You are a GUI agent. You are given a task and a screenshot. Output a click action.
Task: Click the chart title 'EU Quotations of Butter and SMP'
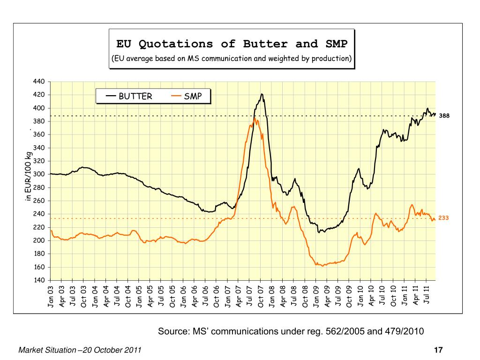[x=232, y=44]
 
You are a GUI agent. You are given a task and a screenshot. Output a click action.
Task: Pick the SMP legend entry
[x=193, y=97]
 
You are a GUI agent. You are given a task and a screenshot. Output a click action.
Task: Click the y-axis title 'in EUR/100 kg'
[x=29, y=177]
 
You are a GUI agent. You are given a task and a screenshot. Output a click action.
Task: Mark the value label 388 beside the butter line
[x=444, y=116]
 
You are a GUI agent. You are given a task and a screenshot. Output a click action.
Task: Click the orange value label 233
[x=444, y=218]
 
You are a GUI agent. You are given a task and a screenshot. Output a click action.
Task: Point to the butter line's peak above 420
[x=262, y=94]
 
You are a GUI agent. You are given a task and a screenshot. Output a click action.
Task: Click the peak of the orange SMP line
[x=255, y=119]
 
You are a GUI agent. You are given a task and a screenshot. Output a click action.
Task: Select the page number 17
[x=439, y=350]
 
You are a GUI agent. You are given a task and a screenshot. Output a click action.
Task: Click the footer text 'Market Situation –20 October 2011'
[x=80, y=350]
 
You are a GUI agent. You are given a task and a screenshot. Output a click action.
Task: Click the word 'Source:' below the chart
[x=173, y=332]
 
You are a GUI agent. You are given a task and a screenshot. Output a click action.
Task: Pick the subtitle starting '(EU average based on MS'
[x=232, y=59]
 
